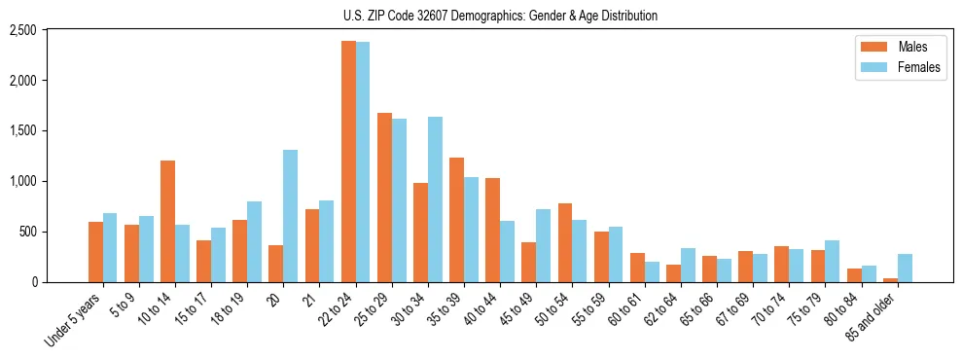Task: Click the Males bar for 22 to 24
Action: click(348, 162)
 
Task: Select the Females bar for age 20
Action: click(290, 216)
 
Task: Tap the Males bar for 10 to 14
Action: click(167, 221)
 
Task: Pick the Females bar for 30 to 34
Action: click(435, 199)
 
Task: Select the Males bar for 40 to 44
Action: click(492, 230)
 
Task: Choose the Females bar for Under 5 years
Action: click(110, 247)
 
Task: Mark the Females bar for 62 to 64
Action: click(688, 265)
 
